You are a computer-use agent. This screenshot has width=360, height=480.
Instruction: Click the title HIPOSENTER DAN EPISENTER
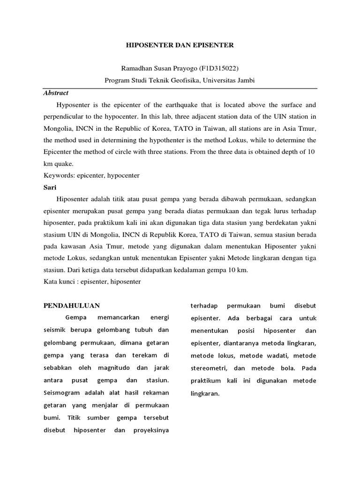(x=180, y=45)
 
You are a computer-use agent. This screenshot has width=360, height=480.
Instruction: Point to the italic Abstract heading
(x=56, y=93)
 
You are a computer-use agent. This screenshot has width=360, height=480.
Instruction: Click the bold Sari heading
(x=50, y=187)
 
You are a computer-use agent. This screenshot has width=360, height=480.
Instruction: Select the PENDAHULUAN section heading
(x=72, y=306)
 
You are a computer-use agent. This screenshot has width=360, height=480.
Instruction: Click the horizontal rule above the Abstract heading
(x=180, y=88)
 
